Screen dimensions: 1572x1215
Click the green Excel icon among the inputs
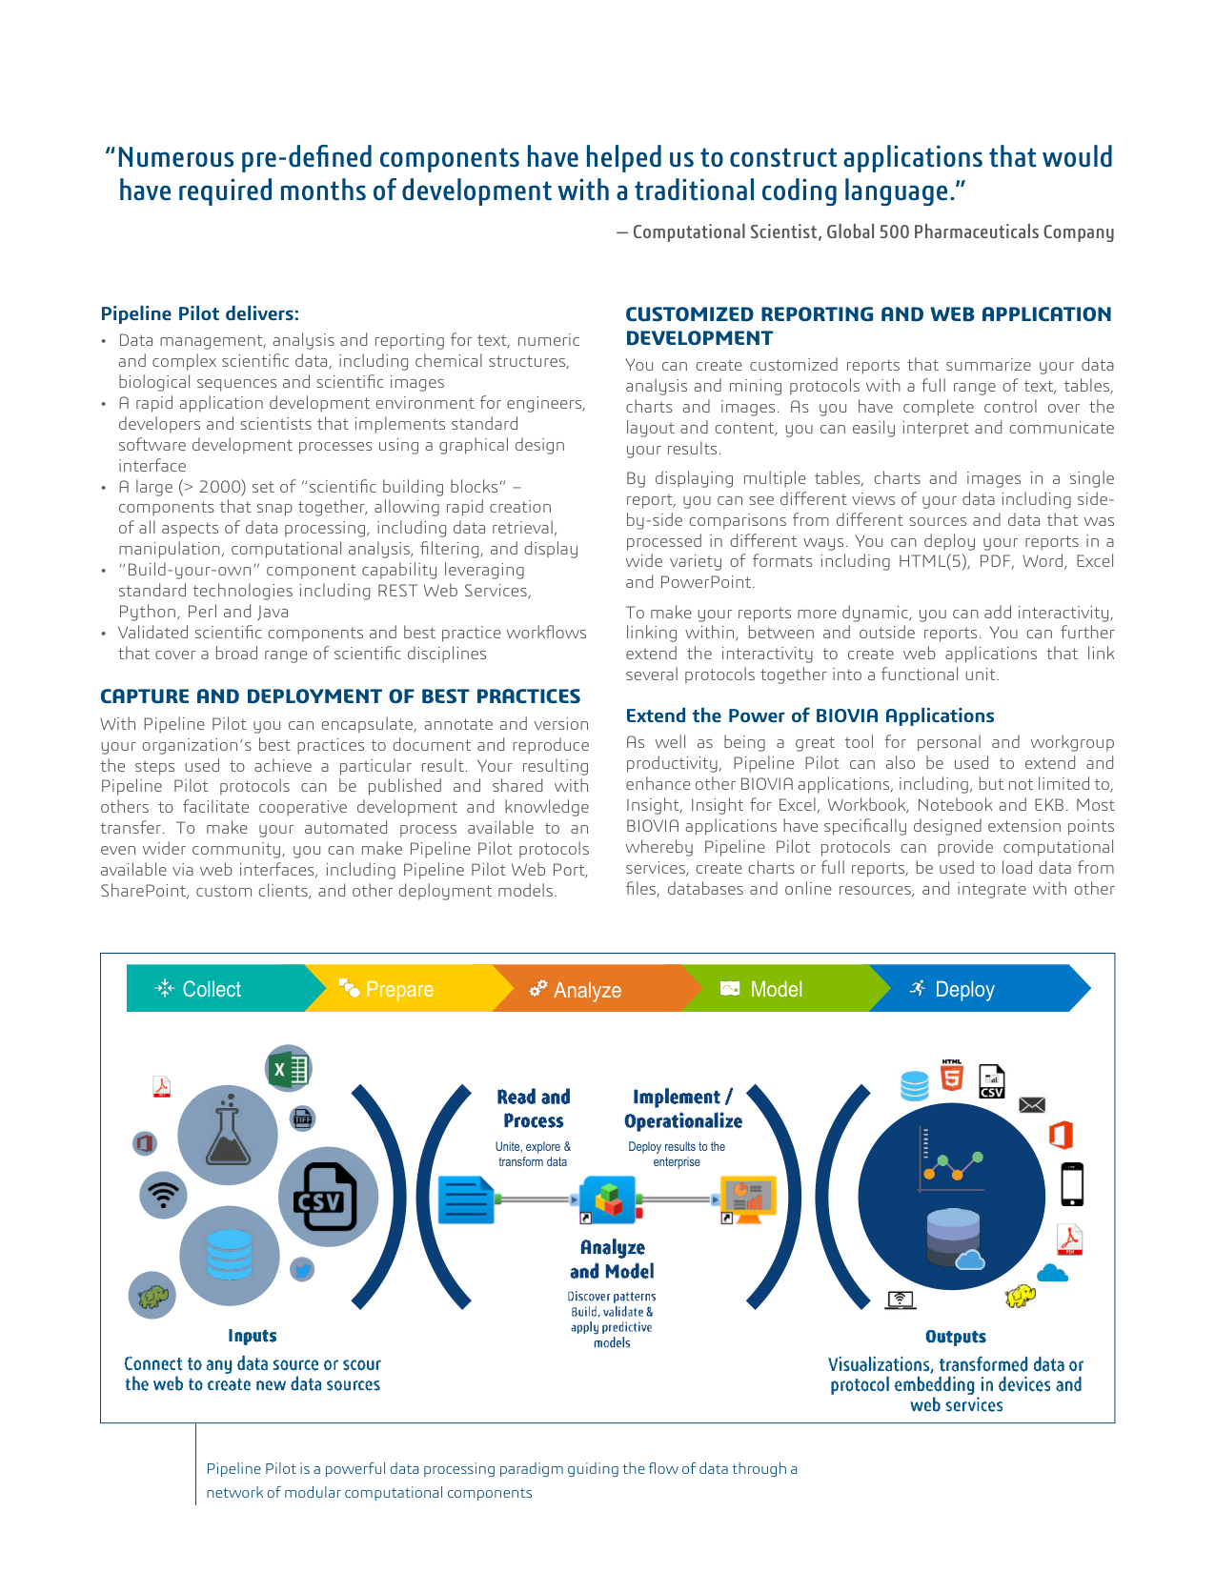[288, 1069]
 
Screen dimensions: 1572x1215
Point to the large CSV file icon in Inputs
[327, 1197]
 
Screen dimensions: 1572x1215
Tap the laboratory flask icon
[228, 1134]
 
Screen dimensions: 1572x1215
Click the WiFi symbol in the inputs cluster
[164, 1195]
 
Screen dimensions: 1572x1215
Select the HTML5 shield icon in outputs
[952, 1076]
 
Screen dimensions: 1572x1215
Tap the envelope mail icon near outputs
[1032, 1105]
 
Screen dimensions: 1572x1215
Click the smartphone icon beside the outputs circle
[1072, 1184]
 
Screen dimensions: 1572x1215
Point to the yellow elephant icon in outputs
[1021, 1296]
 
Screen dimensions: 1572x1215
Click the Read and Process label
[534, 1109]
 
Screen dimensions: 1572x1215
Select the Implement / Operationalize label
[683, 1109]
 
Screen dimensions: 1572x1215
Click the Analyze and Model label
[612, 1259]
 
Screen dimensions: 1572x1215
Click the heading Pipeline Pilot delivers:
[200, 313]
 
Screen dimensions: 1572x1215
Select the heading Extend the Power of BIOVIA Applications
[810, 715]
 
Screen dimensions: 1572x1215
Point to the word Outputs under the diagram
[956, 1337]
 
